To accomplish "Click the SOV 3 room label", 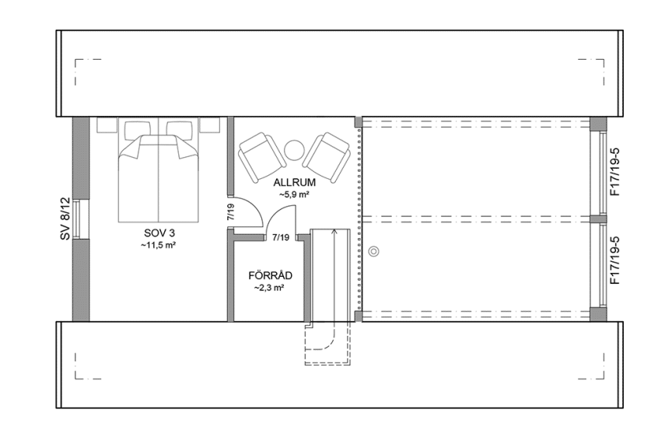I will (x=158, y=233).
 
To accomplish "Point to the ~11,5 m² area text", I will (x=158, y=245).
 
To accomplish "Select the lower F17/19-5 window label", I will (x=616, y=261).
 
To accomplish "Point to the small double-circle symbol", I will (x=375, y=251).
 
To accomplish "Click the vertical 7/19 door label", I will (x=231, y=213).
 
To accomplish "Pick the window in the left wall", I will (x=82, y=219).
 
